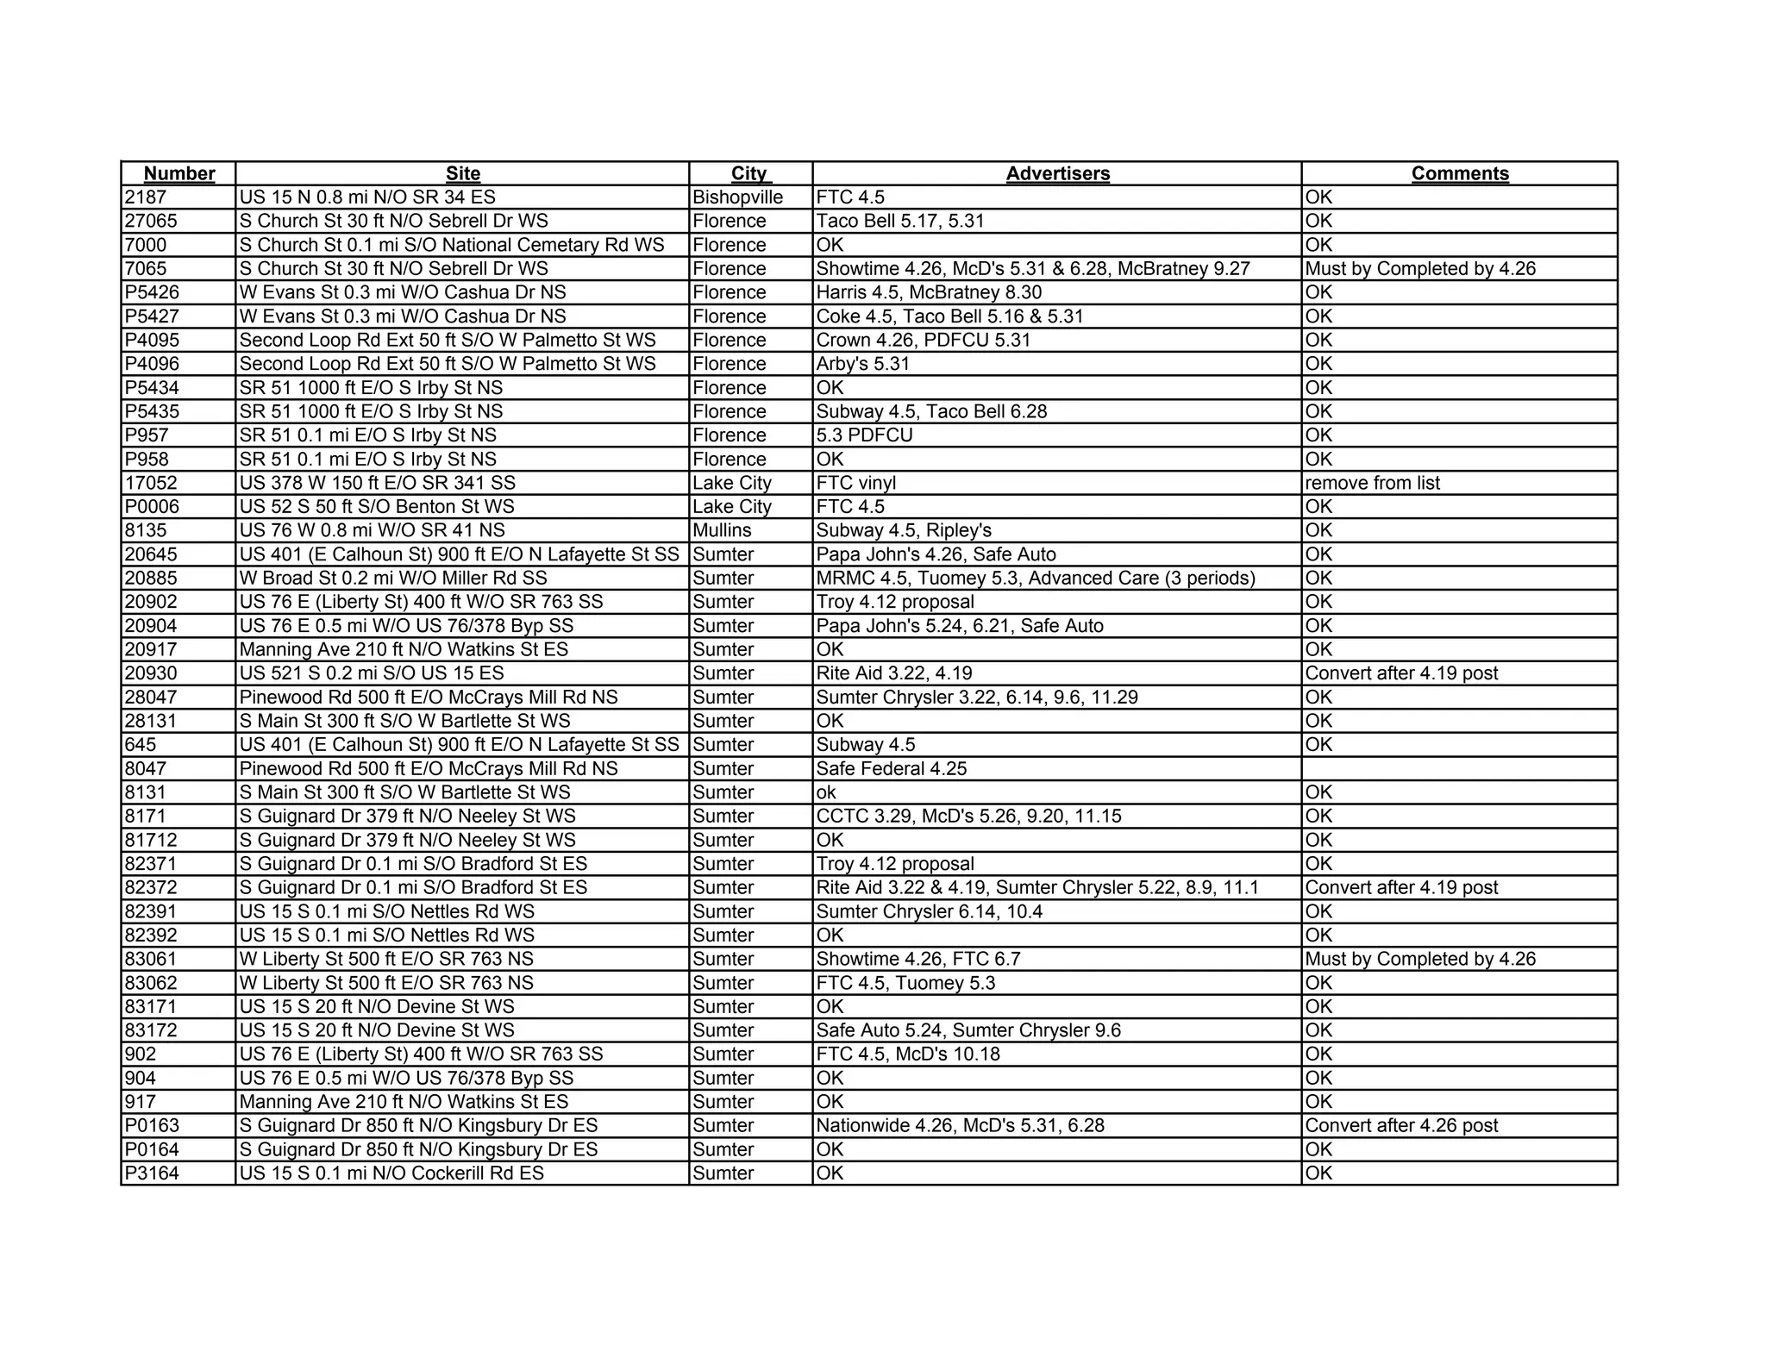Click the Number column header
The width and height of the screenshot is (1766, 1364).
178,173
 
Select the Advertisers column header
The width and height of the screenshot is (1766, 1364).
1057,173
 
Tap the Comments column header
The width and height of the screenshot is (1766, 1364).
1460,173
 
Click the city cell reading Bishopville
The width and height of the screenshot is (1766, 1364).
738,197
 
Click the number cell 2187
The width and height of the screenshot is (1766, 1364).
146,197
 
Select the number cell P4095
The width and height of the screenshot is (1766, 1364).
152,340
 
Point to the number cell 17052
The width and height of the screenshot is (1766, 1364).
151,483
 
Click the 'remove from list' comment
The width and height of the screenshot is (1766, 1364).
1373,483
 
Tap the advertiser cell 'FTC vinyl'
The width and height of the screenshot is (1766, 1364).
856,483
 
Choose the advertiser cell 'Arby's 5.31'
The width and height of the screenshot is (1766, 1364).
863,364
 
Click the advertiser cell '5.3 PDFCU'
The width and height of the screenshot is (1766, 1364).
864,435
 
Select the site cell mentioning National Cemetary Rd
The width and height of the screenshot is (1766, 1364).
452,245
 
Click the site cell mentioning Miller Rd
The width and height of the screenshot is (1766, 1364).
393,578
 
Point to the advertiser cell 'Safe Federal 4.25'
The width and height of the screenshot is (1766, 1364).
892,768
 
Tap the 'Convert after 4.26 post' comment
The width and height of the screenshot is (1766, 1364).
1402,1125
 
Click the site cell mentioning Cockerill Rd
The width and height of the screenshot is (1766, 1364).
391,1173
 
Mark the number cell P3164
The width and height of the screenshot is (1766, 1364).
152,1173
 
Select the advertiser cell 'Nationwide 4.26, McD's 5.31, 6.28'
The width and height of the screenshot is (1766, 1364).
960,1125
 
